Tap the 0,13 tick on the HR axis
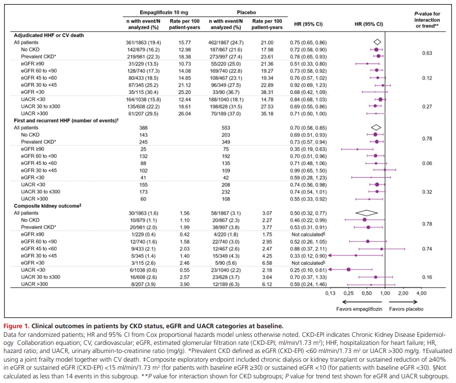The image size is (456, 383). pyautogui.click(x=330, y=293)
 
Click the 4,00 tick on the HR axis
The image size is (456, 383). pyautogui.click(x=421, y=293)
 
